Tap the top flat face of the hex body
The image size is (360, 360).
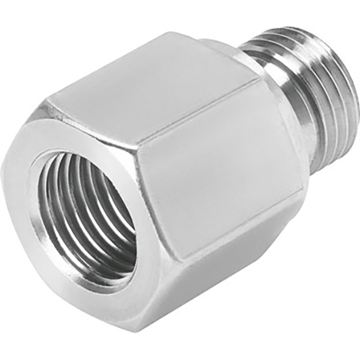(154, 82)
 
